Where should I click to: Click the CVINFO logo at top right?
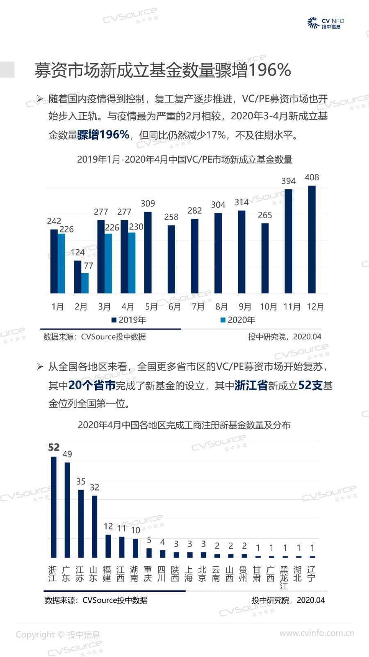[326, 23]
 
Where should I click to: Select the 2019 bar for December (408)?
[312, 239]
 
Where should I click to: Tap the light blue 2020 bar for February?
[85, 283]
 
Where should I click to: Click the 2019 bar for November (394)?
[288, 241]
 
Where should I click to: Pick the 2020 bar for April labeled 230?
[132, 263]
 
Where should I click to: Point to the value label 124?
[77, 252]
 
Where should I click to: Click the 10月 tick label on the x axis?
[269, 307]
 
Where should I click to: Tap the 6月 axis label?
[175, 307]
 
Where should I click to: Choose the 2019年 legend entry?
[129, 320]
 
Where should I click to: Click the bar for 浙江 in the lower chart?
[54, 507]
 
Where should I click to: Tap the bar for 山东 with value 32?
[95, 526]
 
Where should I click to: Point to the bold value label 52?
[54, 447]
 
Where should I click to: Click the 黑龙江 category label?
[284, 577]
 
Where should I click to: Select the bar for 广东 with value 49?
[67, 510]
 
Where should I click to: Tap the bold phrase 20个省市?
[92, 385]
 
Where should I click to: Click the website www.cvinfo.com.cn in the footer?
[317, 633]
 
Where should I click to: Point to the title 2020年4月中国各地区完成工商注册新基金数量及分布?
[184, 425]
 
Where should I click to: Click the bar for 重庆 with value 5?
[149, 553]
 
